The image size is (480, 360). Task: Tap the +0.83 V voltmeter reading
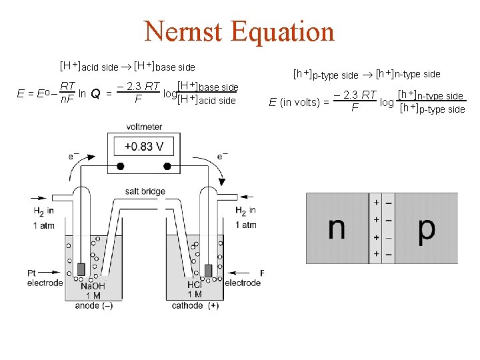tap(144, 146)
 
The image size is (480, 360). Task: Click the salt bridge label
tap(145, 192)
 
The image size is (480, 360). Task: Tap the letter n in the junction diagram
tap(337, 228)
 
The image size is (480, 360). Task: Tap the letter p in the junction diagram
tap(427, 229)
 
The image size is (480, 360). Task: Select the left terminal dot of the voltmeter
tap(121, 167)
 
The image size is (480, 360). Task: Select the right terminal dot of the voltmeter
tap(168, 167)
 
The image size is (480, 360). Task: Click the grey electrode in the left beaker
tap(82, 269)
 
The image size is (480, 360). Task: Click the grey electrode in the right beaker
tap(209, 270)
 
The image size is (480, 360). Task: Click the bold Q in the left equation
tap(95, 94)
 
